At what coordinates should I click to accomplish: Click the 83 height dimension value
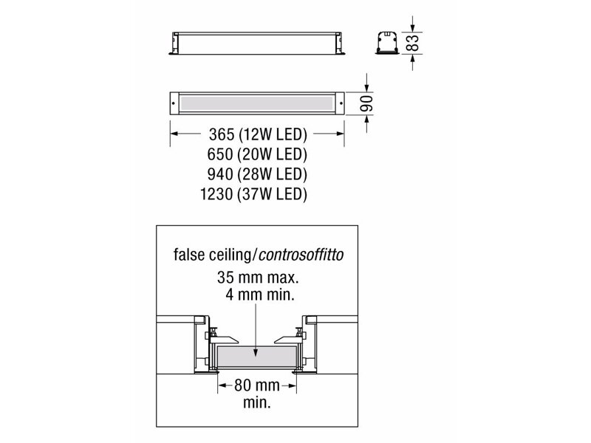tap(414, 43)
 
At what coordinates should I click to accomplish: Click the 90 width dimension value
tap(366, 103)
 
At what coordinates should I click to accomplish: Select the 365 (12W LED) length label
tap(258, 134)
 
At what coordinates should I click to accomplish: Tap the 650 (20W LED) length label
tap(257, 154)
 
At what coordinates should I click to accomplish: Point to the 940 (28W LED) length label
tap(257, 174)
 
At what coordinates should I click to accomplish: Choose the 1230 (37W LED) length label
tap(253, 194)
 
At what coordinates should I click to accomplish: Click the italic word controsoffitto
tap(301, 255)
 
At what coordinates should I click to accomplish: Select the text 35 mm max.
tap(258, 278)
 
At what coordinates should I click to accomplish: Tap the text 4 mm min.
tap(260, 294)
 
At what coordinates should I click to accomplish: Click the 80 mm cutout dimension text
tap(257, 385)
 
